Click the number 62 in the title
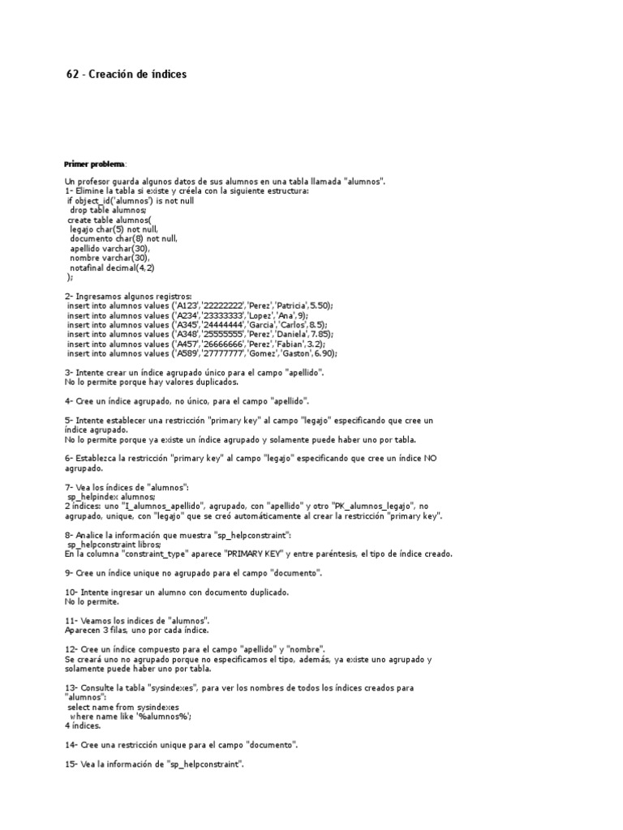click(72, 75)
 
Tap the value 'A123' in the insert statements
click(190, 306)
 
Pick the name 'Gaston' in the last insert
click(289, 353)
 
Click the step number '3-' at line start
click(69, 372)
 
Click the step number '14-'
click(71, 744)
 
